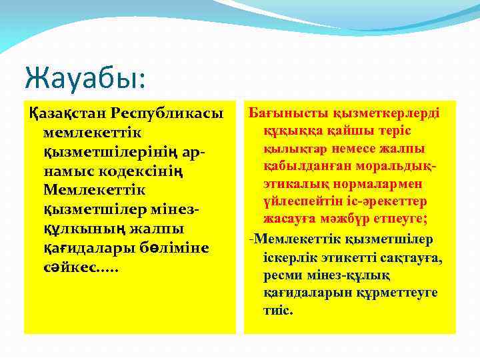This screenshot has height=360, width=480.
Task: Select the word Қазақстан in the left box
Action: click(66, 114)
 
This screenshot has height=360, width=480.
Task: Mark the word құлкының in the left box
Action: click(84, 229)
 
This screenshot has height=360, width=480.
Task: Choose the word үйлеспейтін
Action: click(300, 200)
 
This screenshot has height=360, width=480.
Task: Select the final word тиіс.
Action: click(278, 310)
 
